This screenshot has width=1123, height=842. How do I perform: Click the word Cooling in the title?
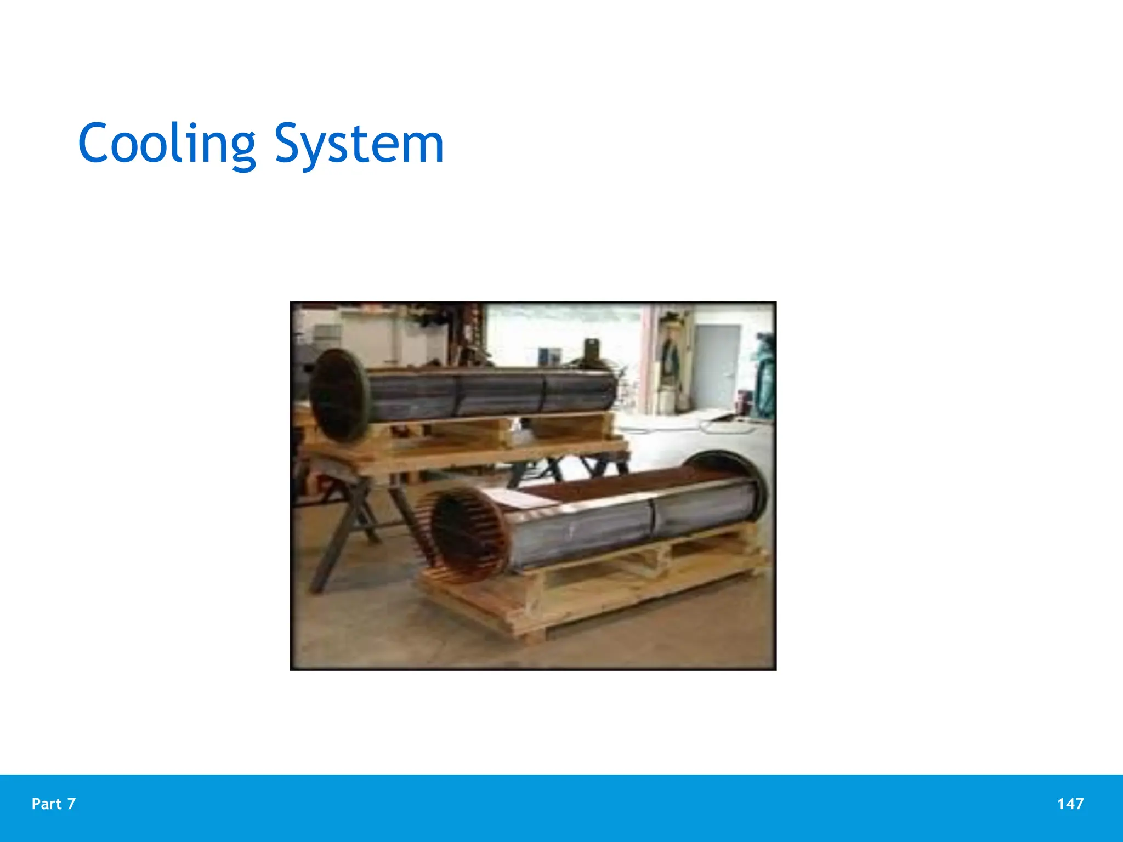(167, 144)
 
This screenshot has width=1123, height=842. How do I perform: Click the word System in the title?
(359, 144)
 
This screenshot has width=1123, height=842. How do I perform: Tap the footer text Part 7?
(53, 804)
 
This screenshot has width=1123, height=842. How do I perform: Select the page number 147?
(1070, 804)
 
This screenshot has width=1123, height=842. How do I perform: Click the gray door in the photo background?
(716, 366)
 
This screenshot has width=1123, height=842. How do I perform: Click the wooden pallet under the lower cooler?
(592, 598)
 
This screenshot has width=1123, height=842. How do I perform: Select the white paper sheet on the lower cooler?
(518, 499)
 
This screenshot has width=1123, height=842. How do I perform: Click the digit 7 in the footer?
(71, 804)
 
